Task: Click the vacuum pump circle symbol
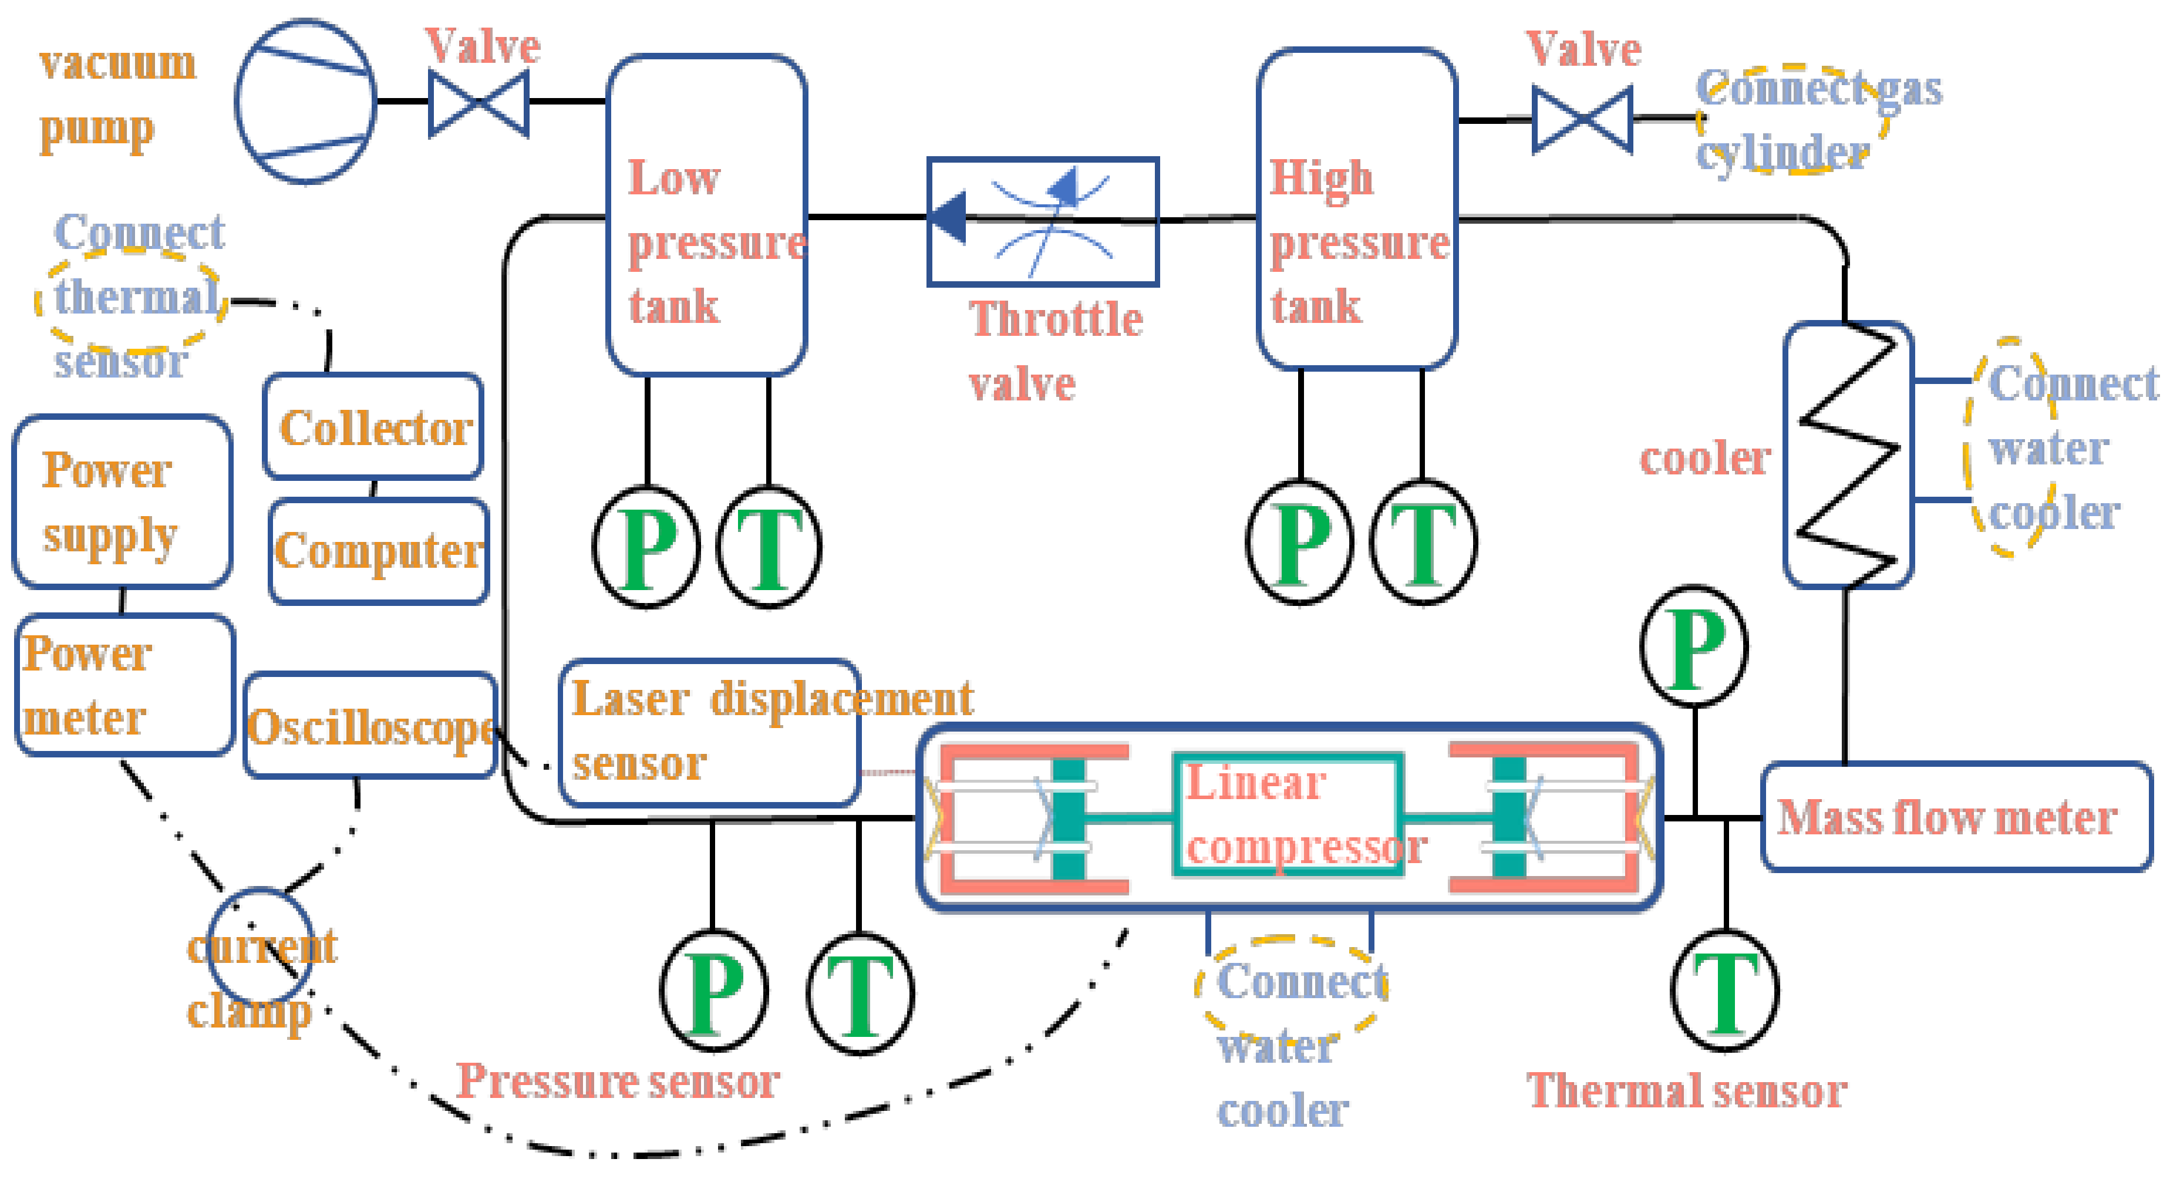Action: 305,101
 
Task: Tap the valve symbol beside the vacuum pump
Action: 479,103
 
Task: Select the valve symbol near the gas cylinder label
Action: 1582,120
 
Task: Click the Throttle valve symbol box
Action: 1043,221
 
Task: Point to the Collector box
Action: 373,427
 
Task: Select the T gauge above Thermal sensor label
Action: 1724,991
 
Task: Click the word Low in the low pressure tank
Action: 674,178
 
